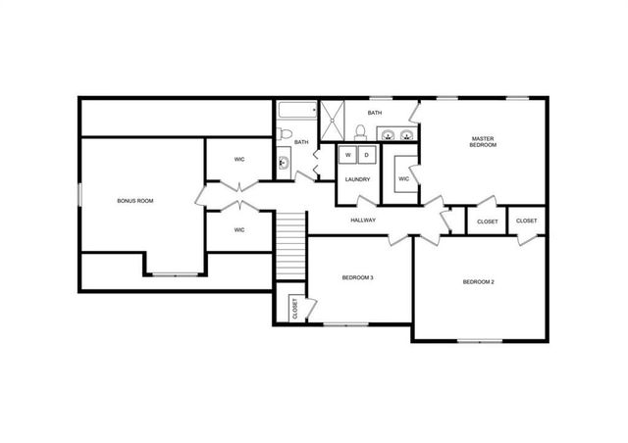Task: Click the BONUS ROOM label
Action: click(135, 201)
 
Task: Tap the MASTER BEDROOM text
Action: click(483, 142)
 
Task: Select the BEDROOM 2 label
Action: click(478, 282)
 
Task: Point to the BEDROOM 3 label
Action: click(357, 278)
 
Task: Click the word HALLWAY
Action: click(364, 221)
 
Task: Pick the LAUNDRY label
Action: click(356, 179)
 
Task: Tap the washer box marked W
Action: click(347, 155)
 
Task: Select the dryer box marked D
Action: click(365, 155)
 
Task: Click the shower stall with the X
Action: click(335, 121)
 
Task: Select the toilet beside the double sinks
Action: click(360, 135)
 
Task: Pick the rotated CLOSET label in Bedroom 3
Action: click(295, 308)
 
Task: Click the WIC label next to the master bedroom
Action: click(403, 179)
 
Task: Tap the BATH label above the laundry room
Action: click(375, 114)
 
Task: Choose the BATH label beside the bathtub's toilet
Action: click(301, 143)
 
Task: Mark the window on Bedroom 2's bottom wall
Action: click(481, 340)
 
